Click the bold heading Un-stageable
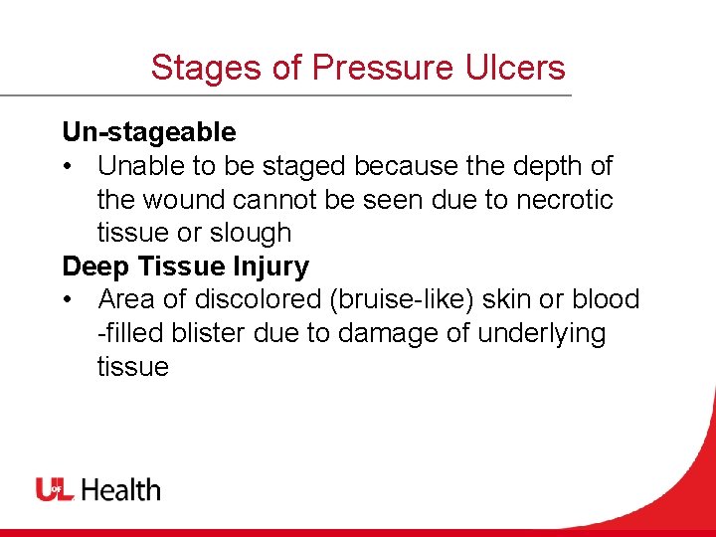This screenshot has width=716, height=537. coord(149,132)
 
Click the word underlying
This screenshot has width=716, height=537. coord(541,333)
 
